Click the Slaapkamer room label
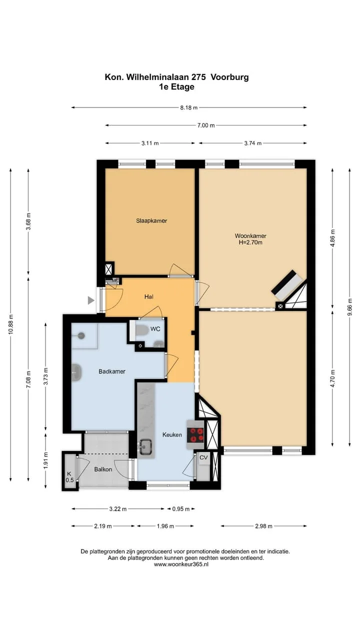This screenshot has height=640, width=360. (x=151, y=220)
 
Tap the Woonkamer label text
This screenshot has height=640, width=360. (x=250, y=235)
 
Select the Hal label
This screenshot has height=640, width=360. (x=149, y=296)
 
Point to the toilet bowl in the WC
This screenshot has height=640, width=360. (x=141, y=330)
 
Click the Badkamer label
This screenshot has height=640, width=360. (x=112, y=371)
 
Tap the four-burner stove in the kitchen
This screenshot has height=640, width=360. (x=195, y=435)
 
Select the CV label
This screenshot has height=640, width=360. (x=203, y=457)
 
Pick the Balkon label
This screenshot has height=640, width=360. (x=103, y=469)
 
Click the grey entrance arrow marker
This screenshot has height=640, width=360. (x=91, y=300)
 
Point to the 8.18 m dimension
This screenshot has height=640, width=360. (x=189, y=107)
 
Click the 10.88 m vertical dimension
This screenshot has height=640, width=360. (x=11, y=324)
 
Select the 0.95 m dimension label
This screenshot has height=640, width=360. (x=181, y=509)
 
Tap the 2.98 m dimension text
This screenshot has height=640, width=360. (x=263, y=526)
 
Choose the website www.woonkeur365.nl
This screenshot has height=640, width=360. (x=181, y=564)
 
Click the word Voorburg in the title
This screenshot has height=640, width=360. (x=229, y=77)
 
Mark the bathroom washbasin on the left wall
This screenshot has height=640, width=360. (x=76, y=372)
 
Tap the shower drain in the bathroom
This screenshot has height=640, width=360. (x=81, y=335)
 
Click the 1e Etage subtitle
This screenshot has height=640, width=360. (x=177, y=87)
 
